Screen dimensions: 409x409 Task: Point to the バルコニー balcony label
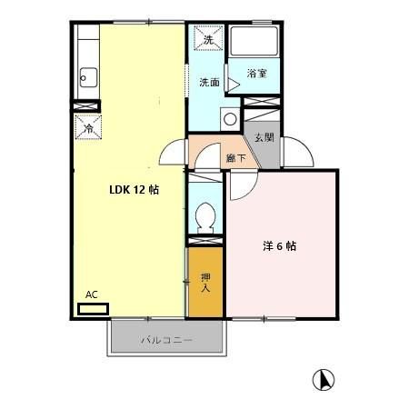point(166,341)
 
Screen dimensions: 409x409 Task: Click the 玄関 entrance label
point(264,137)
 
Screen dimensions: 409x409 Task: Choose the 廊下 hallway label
point(235,157)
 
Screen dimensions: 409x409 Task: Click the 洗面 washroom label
point(209,83)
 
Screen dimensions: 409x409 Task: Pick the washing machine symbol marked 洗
point(208,41)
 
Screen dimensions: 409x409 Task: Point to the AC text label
point(91,294)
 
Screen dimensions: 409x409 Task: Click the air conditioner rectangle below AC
point(92,308)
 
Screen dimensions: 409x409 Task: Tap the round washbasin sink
point(229,118)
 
